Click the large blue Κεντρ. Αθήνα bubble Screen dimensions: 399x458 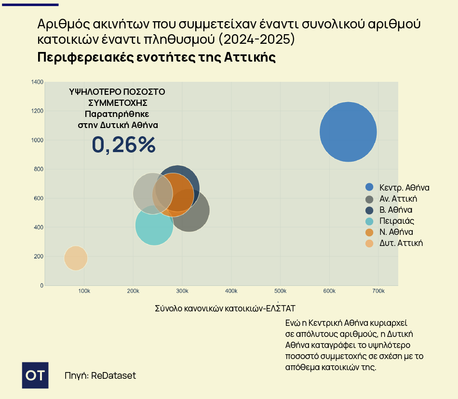[348, 131]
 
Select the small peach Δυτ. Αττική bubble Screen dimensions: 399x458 [75, 258]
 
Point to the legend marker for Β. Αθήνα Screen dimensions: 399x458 [370, 210]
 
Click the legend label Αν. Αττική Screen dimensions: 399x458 [398, 199]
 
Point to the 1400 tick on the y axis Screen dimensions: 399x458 [37, 82]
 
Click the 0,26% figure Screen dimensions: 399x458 [124, 144]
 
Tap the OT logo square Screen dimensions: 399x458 [35, 375]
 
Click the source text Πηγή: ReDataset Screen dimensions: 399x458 [100, 375]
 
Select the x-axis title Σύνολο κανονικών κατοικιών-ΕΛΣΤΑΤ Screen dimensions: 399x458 [225, 308]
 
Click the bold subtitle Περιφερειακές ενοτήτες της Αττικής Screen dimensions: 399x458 [157, 57]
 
